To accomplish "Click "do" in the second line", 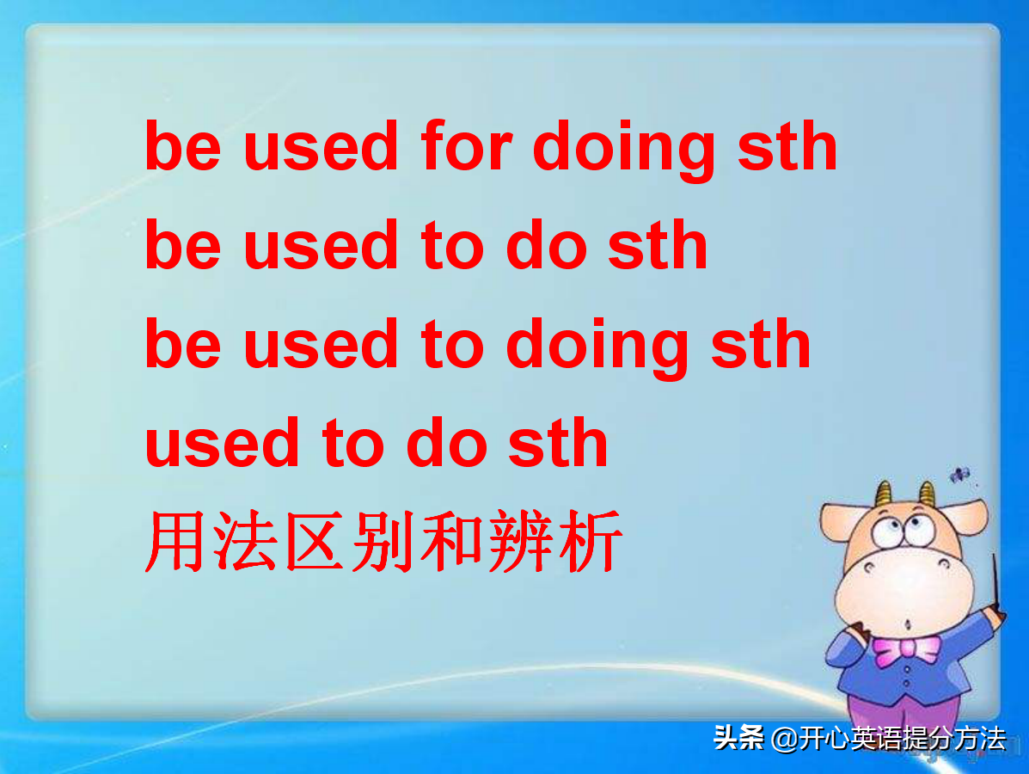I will tap(546, 245).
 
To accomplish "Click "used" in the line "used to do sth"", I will tap(223, 443).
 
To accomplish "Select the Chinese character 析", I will tap(589, 543).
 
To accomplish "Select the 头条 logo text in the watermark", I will tap(738, 738).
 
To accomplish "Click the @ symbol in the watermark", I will tap(784, 739).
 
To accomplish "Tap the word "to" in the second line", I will tap(452, 245).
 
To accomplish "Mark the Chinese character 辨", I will tap(520, 543).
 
